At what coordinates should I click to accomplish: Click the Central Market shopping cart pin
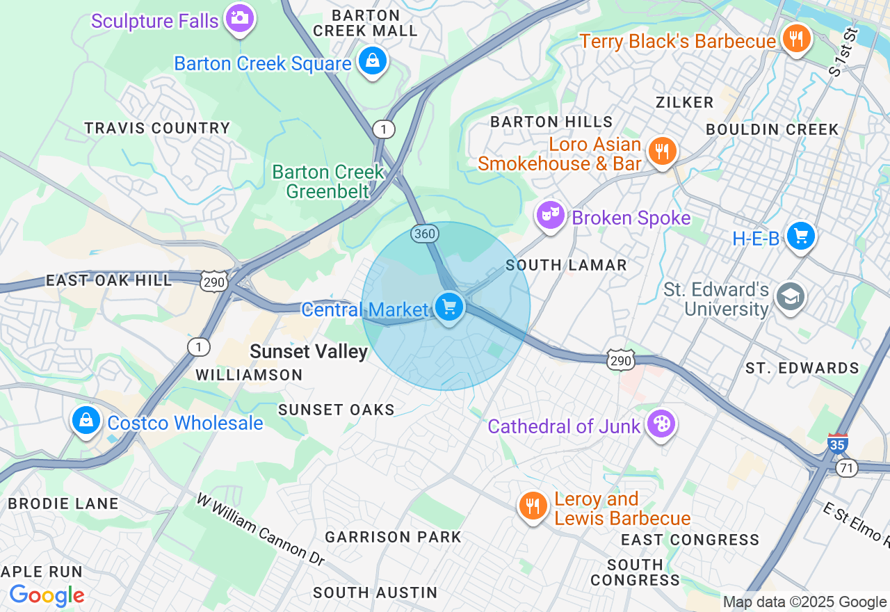(448, 306)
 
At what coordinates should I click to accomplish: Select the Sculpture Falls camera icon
(240, 17)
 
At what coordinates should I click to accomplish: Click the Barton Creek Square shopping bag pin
(373, 61)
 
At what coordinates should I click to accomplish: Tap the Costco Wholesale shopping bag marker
(86, 420)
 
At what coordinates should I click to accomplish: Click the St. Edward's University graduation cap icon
(790, 297)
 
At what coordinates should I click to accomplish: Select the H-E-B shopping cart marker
(801, 236)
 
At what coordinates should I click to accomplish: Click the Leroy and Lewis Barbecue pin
(533, 506)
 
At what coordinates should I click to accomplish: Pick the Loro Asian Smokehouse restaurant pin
(661, 151)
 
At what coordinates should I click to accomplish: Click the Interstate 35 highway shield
(837, 444)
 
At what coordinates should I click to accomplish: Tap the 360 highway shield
(424, 234)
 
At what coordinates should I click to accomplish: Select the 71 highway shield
(847, 469)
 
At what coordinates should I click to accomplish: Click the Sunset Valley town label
(309, 352)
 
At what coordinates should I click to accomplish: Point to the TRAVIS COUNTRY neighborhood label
(157, 129)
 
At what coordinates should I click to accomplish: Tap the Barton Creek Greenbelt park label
(327, 182)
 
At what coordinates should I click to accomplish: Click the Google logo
(47, 595)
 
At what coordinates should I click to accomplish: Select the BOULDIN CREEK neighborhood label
(772, 130)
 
